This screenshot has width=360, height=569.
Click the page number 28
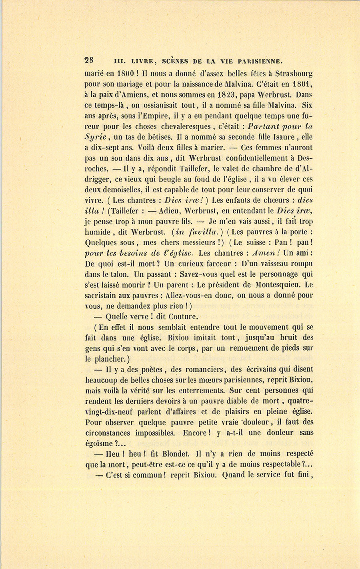pos(89,61)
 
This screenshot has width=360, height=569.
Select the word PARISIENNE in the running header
pos(261,62)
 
